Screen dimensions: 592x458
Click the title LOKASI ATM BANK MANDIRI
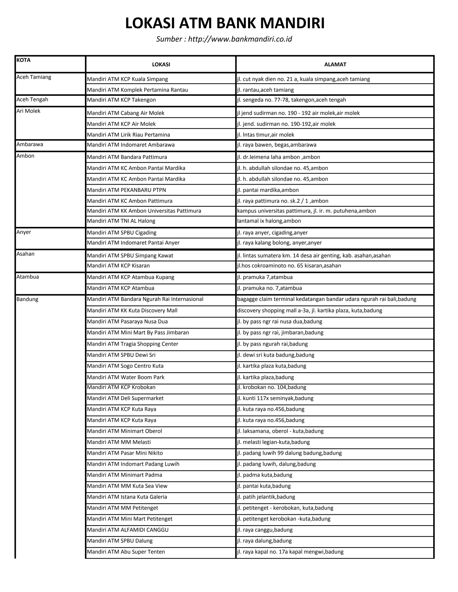coord(225,23)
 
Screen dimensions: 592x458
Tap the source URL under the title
coord(224,39)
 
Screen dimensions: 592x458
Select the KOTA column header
coord(24,60)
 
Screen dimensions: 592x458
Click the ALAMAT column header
coord(335,65)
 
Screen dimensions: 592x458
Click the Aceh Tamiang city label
coord(34,77)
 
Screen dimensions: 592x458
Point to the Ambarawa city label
coord(30,144)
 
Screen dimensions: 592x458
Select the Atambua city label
coord(28,277)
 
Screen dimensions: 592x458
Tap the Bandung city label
coord(27,299)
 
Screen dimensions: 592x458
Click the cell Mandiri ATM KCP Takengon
coord(121,100)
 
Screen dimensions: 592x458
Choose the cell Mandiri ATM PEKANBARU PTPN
coord(126,190)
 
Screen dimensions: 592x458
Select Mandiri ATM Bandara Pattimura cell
coord(127,157)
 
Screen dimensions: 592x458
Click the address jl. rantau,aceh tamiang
coord(265,90)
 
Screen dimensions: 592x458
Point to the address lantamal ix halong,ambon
coord(269,221)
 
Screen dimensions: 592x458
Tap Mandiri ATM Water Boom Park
coord(126,377)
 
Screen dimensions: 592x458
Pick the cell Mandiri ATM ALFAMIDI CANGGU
coord(127,530)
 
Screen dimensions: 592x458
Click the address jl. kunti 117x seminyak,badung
coord(275,398)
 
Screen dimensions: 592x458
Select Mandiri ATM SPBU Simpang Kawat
coord(130,255)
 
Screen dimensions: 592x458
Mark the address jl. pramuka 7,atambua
coord(265,277)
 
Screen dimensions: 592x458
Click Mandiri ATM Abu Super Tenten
coord(126,552)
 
